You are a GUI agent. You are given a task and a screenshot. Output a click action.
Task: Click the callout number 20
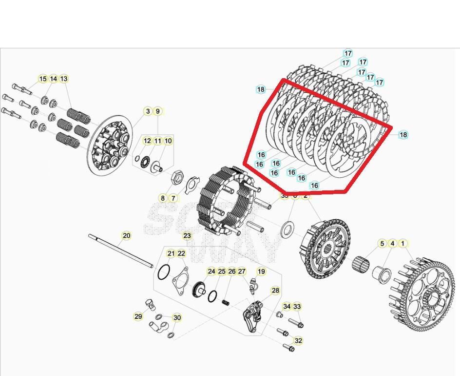[126, 236]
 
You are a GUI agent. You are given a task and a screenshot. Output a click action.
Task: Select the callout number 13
[64, 79]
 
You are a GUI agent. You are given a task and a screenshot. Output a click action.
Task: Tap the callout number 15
[43, 79]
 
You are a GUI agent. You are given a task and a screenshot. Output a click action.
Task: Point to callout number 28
[275, 291]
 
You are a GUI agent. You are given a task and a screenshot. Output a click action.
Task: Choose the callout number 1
[402, 243]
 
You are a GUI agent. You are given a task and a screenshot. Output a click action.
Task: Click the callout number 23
[187, 236]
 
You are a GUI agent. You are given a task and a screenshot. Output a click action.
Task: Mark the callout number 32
[298, 340]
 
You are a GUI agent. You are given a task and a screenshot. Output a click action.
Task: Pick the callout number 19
[261, 272]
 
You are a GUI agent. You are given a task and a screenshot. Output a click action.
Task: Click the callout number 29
[138, 316]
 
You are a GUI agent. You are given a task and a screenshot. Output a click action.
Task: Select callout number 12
[147, 141]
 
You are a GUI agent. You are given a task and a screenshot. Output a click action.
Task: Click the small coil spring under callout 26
[226, 302]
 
